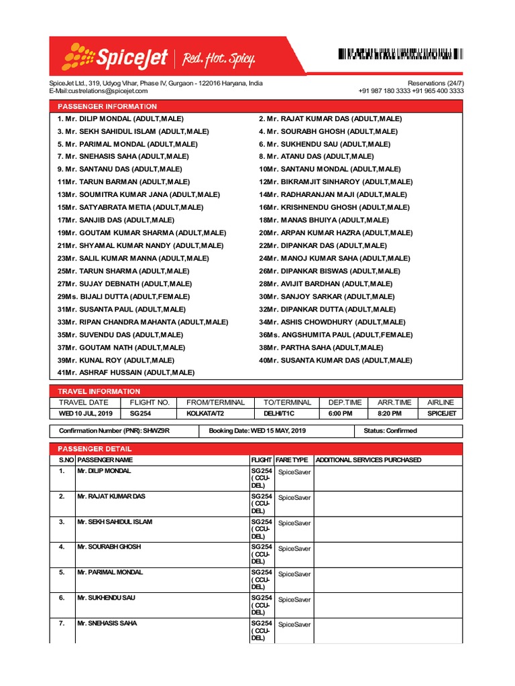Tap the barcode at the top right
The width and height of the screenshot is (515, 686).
tap(400, 55)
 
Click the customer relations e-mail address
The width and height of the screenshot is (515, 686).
tap(98, 91)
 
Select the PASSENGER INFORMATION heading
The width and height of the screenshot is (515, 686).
tap(107, 107)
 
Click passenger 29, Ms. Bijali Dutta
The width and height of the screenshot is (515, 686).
tap(121, 296)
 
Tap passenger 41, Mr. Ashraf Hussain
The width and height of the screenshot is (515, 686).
tap(126, 372)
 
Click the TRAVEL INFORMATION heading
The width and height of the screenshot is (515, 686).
tap(99, 391)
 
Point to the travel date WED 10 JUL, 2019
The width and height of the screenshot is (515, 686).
tap(86, 414)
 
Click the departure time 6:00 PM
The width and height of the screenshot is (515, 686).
tap(340, 414)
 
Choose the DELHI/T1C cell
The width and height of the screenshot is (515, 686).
tap(279, 414)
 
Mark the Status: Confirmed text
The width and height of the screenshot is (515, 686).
tap(390, 431)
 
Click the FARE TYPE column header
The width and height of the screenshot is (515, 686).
tap(292, 460)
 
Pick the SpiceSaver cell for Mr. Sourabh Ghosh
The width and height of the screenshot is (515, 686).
tap(294, 549)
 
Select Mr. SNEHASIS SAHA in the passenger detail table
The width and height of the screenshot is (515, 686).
tap(107, 623)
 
